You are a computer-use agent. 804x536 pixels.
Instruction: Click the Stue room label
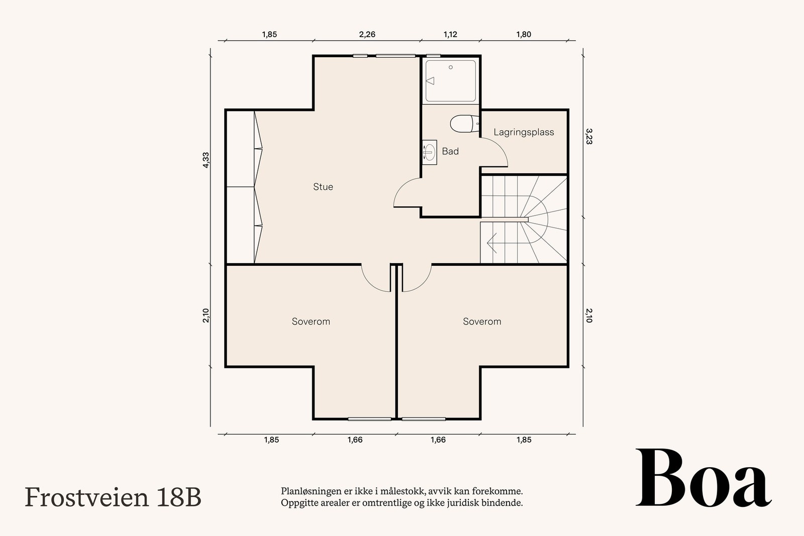coord(323,187)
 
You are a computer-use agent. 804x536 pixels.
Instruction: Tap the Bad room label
coord(450,151)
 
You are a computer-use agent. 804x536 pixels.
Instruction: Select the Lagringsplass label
coord(524,132)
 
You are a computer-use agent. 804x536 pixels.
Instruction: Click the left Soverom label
coord(311,321)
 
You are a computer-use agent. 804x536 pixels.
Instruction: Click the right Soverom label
coord(482,321)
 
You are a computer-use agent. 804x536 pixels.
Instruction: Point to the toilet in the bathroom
coord(462,124)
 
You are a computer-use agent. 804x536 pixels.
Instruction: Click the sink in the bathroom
coord(429,151)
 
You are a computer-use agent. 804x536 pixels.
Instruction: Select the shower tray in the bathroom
coord(451,81)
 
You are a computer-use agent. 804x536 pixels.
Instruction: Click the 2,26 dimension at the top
coord(367,35)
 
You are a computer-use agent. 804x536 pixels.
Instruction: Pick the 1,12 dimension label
coord(450,35)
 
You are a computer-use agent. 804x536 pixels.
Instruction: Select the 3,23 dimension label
coord(589,136)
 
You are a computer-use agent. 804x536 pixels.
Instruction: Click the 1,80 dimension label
coord(524,35)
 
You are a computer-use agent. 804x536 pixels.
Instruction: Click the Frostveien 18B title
coord(113,497)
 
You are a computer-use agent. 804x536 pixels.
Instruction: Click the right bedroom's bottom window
coord(424,418)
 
